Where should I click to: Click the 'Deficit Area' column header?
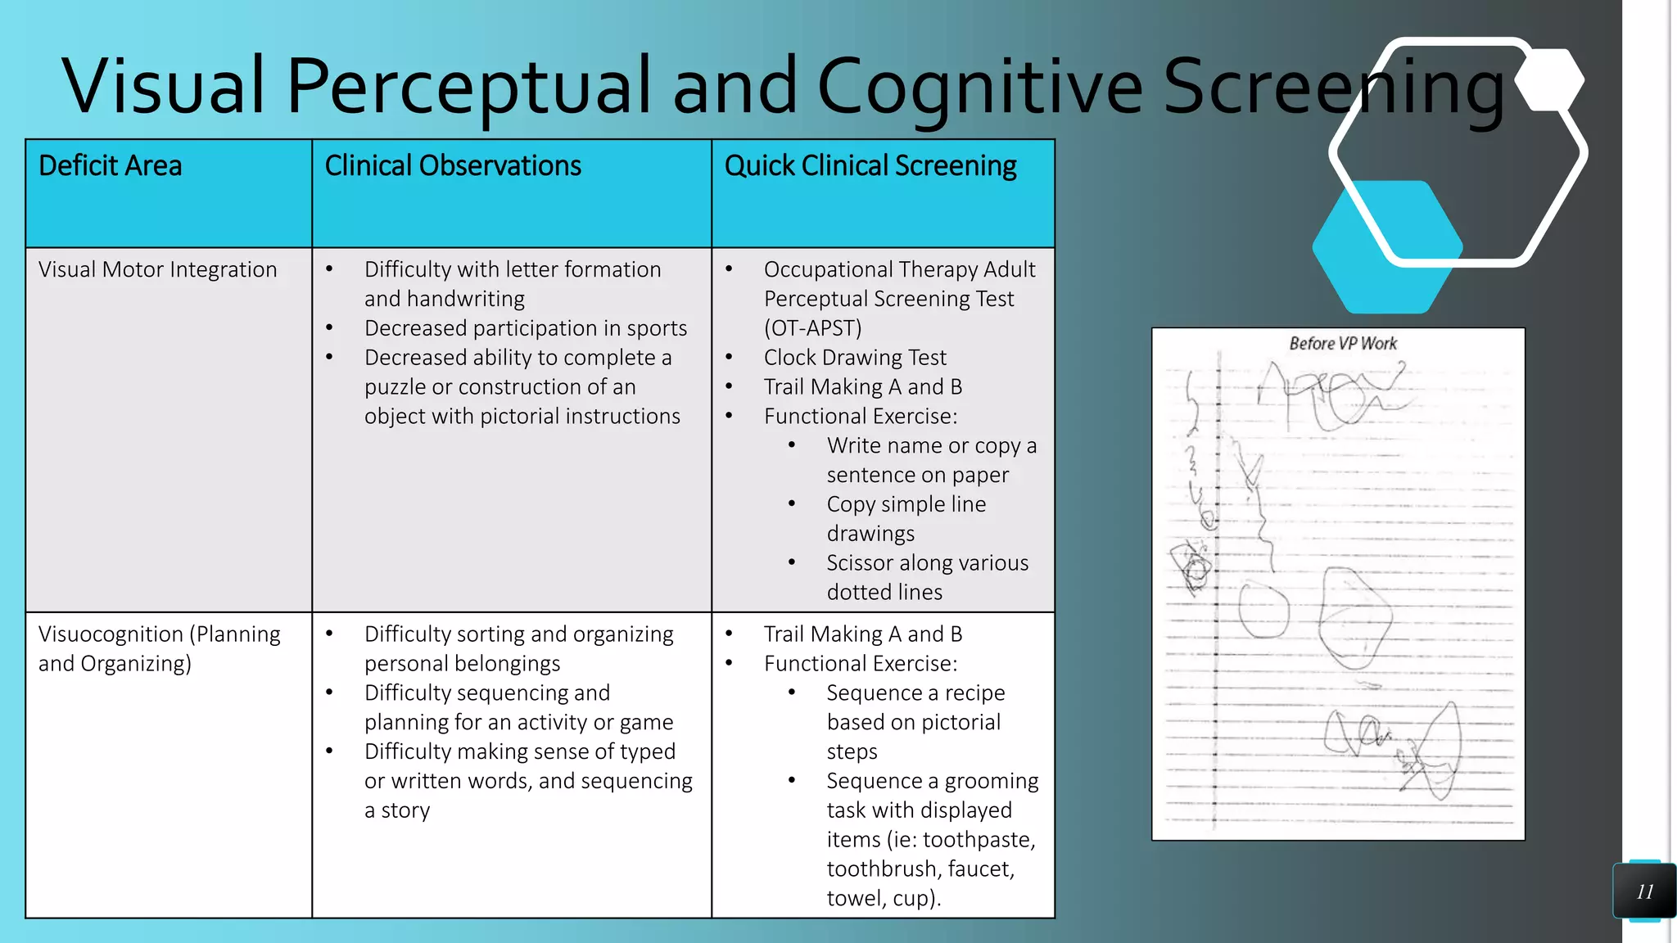click(x=111, y=166)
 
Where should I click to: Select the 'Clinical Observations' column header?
click(x=453, y=166)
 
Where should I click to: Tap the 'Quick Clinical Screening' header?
click(x=870, y=166)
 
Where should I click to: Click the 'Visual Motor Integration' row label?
click(x=158, y=269)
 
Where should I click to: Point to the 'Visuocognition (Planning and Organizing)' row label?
click(x=159, y=648)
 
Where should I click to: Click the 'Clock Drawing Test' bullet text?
click(x=855, y=358)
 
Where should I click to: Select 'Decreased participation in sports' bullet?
click(x=526, y=328)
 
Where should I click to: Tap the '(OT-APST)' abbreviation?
click(x=813, y=328)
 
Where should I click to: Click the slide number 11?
click(x=1644, y=891)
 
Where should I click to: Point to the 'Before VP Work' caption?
click(x=1343, y=344)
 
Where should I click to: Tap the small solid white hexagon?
click(x=1549, y=79)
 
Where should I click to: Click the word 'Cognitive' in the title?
click(x=979, y=86)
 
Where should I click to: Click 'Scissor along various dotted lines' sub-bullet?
click(x=927, y=577)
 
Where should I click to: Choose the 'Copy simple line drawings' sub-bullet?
click(x=906, y=518)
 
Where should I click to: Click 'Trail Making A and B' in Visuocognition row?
click(x=863, y=634)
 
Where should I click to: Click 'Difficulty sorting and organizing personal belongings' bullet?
click(x=518, y=648)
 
